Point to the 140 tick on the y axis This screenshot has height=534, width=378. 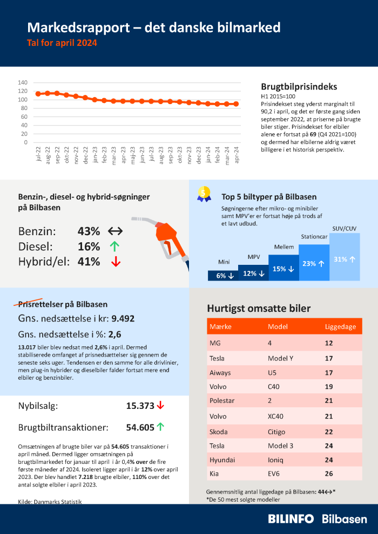click(x=23, y=83)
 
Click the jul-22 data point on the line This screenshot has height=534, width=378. click(x=38, y=94)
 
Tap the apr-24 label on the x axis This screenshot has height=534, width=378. click(x=235, y=154)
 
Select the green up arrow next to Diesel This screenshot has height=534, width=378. click(x=113, y=247)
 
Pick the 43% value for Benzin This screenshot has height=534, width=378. click(x=89, y=231)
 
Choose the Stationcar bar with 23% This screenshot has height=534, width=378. click(x=314, y=263)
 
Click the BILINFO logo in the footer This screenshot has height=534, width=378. click(x=291, y=518)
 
